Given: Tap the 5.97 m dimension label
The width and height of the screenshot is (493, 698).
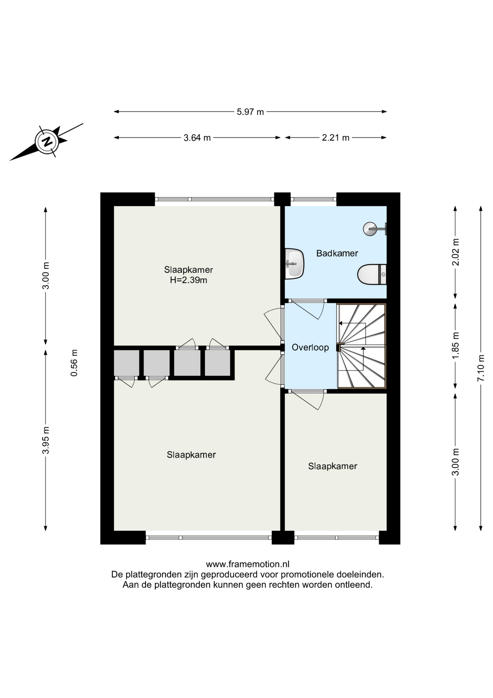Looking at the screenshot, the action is point(250,112).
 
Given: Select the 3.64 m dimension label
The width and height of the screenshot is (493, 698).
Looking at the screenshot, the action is point(197,138).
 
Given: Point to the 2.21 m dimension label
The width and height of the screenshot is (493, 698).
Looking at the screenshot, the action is point(335,138).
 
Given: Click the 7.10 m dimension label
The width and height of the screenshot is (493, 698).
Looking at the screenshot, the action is point(481,368).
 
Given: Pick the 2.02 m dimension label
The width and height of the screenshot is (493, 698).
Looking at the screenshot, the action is point(456,252).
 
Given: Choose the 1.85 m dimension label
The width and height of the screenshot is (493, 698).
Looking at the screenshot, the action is point(456,345).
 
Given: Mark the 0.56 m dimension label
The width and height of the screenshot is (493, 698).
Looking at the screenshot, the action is point(74,363).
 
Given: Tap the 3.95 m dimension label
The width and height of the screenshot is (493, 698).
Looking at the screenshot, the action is point(46,440).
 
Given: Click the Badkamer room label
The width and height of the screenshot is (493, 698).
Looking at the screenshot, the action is point(337,253).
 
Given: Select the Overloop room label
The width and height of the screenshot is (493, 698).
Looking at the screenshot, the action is point(310,348).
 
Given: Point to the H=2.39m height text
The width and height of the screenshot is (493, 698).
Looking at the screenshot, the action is point(188,280).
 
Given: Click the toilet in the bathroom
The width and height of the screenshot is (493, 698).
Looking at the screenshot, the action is point(372,274).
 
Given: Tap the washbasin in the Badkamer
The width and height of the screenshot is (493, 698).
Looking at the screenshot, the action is point(294,264).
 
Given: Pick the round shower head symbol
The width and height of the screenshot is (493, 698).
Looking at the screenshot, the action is point(370,229).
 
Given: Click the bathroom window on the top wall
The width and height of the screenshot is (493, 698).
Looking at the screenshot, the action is point(313,199).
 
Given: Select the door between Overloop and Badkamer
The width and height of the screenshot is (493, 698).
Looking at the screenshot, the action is point(308,309).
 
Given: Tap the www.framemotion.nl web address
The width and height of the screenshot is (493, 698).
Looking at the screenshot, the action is point(248,564).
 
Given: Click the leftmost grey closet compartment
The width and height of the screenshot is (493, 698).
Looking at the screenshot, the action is point(127,363).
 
